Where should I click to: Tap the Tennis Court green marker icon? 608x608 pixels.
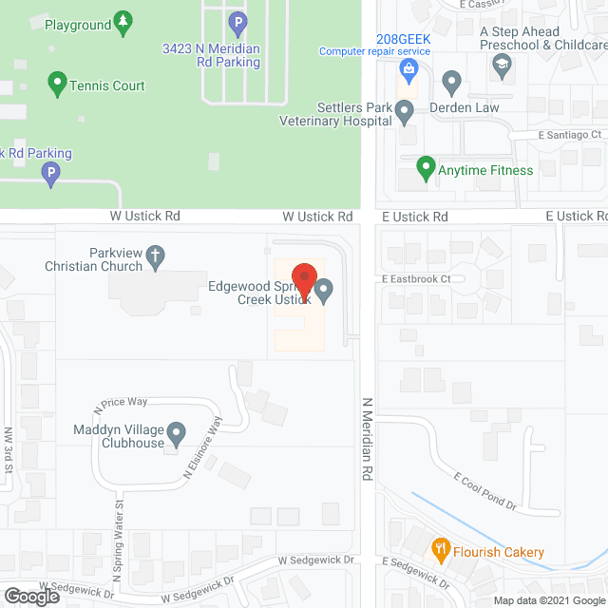click(56, 85)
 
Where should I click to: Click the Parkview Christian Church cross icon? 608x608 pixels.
click(156, 255)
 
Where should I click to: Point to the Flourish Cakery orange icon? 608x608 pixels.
click(441, 549)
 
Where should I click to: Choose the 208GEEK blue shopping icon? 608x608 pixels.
click(408, 68)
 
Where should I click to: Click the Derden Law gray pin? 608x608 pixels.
click(451, 82)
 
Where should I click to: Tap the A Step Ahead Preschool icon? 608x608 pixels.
click(501, 65)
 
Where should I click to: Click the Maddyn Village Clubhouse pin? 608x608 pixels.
click(176, 436)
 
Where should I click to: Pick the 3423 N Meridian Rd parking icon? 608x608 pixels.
click(237, 20)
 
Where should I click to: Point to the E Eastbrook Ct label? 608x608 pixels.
click(422, 278)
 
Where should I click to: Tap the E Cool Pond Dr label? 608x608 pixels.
click(484, 490)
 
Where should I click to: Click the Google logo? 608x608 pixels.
click(31, 596)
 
